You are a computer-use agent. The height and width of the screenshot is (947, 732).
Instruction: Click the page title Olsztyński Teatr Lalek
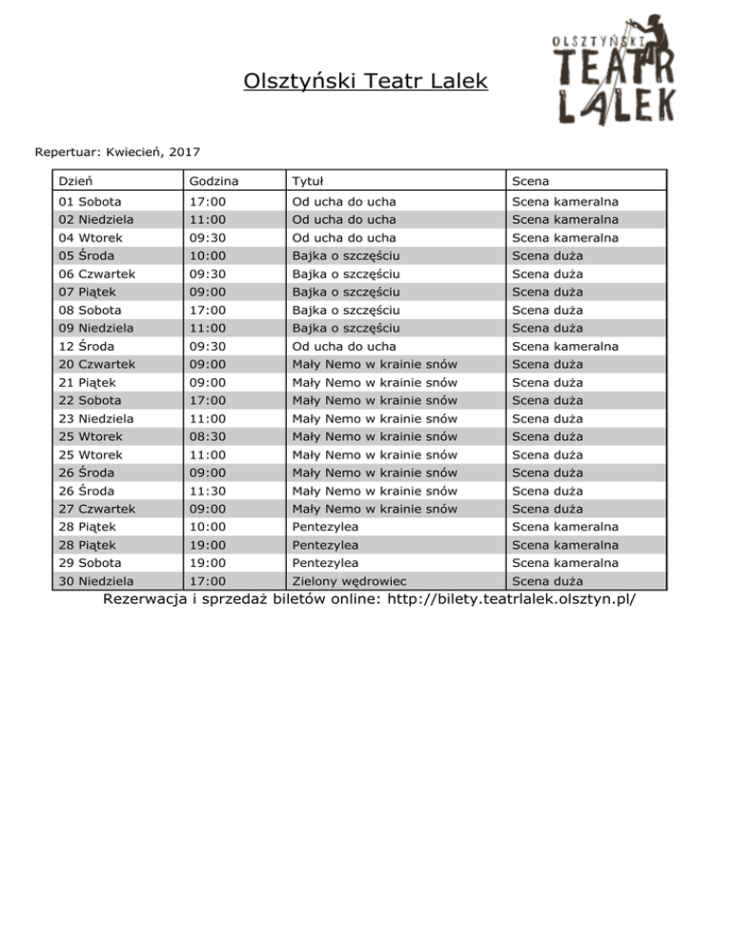pyautogui.click(x=365, y=82)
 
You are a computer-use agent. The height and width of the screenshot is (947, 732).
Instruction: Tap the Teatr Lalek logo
pyautogui.click(x=616, y=69)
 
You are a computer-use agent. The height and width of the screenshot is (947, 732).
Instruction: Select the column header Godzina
pyautogui.click(x=213, y=180)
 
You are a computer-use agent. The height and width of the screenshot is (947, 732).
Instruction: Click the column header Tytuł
pyautogui.click(x=311, y=180)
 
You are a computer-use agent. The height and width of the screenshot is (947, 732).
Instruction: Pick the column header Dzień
pyautogui.click(x=75, y=180)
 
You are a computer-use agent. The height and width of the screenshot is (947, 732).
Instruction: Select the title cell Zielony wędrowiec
pyautogui.click(x=350, y=581)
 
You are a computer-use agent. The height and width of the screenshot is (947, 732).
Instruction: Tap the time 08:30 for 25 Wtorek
pyautogui.click(x=208, y=436)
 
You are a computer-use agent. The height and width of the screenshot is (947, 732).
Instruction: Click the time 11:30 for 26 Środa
pyautogui.click(x=208, y=491)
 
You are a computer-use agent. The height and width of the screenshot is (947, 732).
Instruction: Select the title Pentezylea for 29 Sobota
pyautogui.click(x=325, y=563)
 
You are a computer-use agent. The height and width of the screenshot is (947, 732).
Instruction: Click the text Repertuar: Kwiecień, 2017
pyautogui.click(x=117, y=151)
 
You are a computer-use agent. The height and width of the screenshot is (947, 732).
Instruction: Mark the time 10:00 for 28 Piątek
pyautogui.click(x=208, y=527)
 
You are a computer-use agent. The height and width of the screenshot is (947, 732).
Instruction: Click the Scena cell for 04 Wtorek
pyautogui.click(x=564, y=237)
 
